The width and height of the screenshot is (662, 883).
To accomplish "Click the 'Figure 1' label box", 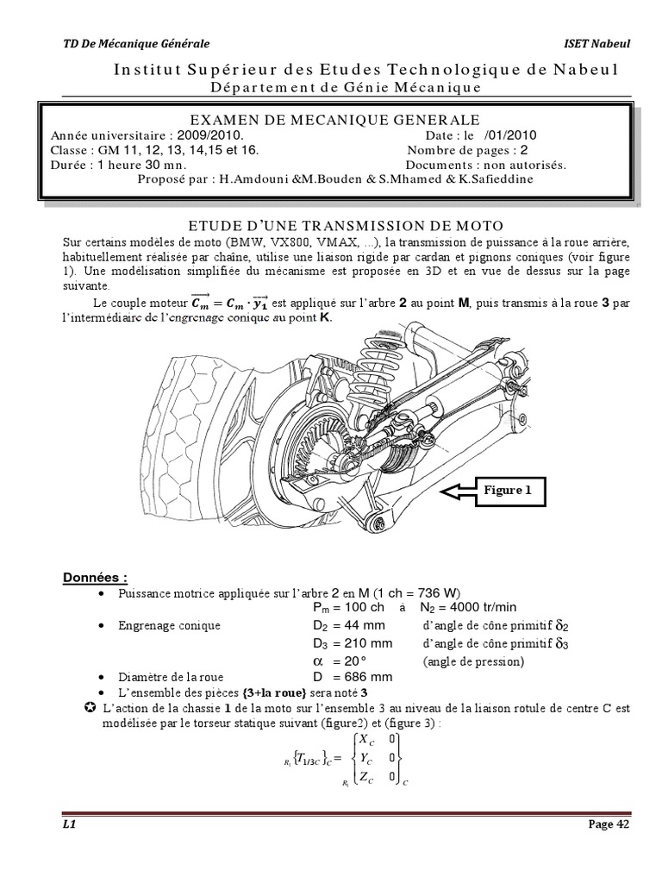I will pos(515,491).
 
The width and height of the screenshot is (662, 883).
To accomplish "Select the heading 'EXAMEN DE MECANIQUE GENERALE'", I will pos(334,120).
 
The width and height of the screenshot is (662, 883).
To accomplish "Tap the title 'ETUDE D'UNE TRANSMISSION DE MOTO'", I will pos(334,224).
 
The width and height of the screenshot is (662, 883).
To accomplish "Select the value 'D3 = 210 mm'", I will pos(353,643).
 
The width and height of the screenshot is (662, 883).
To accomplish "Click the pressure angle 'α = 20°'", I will pos(335,661).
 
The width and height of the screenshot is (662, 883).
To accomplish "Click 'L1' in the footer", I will pos(71,824).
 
